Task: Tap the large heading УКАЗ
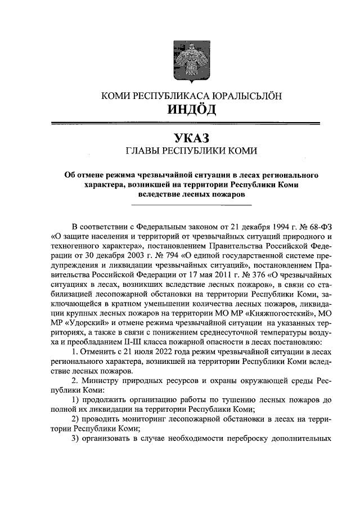(x=192, y=137)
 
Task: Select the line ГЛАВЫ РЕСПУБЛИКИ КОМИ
(x=192, y=151)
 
